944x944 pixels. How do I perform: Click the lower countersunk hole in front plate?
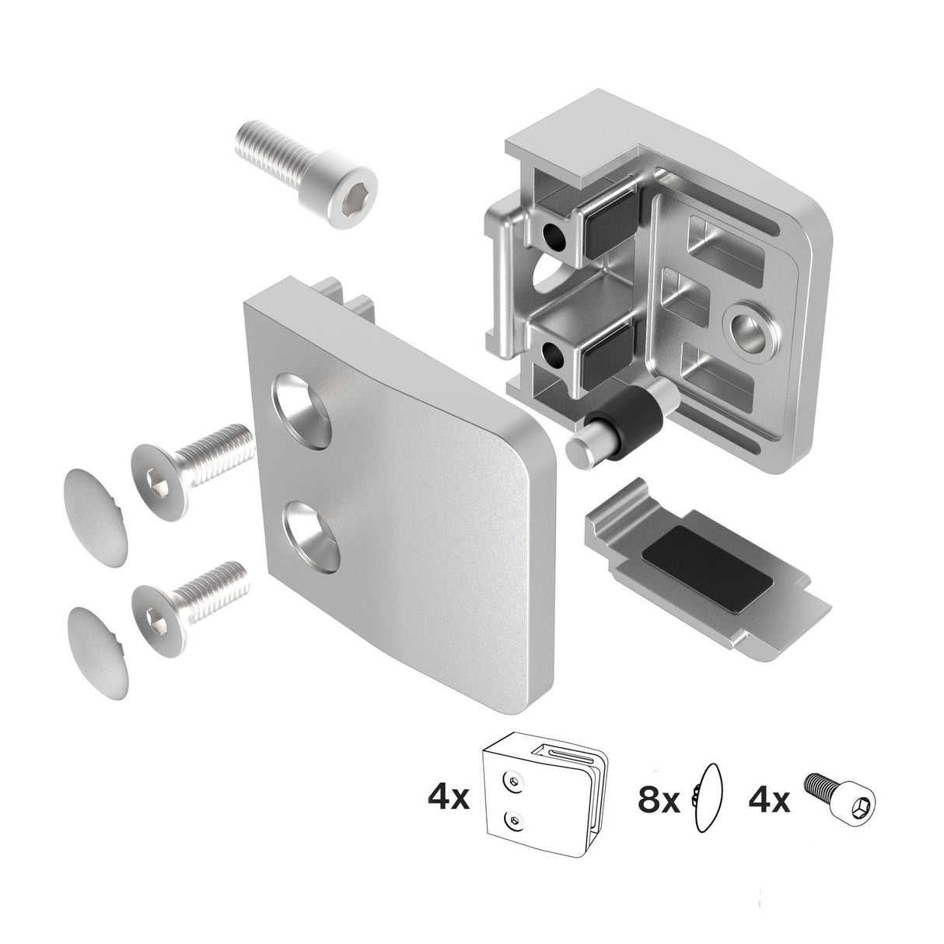coord(309,535)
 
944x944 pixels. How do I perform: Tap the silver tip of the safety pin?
coord(582,450)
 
